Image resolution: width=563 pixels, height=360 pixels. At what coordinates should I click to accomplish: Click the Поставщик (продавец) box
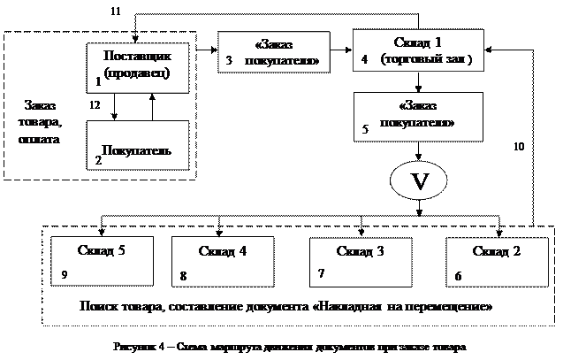click(x=138, y=66)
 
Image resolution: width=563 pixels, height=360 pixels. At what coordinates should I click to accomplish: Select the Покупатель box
click(x=138, y=146)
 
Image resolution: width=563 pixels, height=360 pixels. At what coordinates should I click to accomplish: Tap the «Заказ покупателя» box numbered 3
click(x=270, y=53)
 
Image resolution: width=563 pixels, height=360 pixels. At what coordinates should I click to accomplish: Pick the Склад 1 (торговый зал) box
click(x=418, y=51)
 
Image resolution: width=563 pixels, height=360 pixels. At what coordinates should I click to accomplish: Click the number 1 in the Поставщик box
click(x=97, y=81)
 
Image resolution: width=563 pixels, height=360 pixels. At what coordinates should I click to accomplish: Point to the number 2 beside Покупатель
click(x=98, y=161)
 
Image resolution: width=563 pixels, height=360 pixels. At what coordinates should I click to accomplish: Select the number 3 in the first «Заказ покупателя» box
click(x=229, y=62)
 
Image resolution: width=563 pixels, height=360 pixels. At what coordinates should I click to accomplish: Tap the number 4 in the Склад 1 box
click(x=364, y=60)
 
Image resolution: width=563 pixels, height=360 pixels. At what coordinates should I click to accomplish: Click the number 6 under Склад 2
click(x=457, y=276)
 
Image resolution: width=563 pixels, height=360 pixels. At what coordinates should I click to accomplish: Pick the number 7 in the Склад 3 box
click(x=321, y=274)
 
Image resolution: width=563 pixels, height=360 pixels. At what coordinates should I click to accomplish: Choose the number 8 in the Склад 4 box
click(x=183, y=276)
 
